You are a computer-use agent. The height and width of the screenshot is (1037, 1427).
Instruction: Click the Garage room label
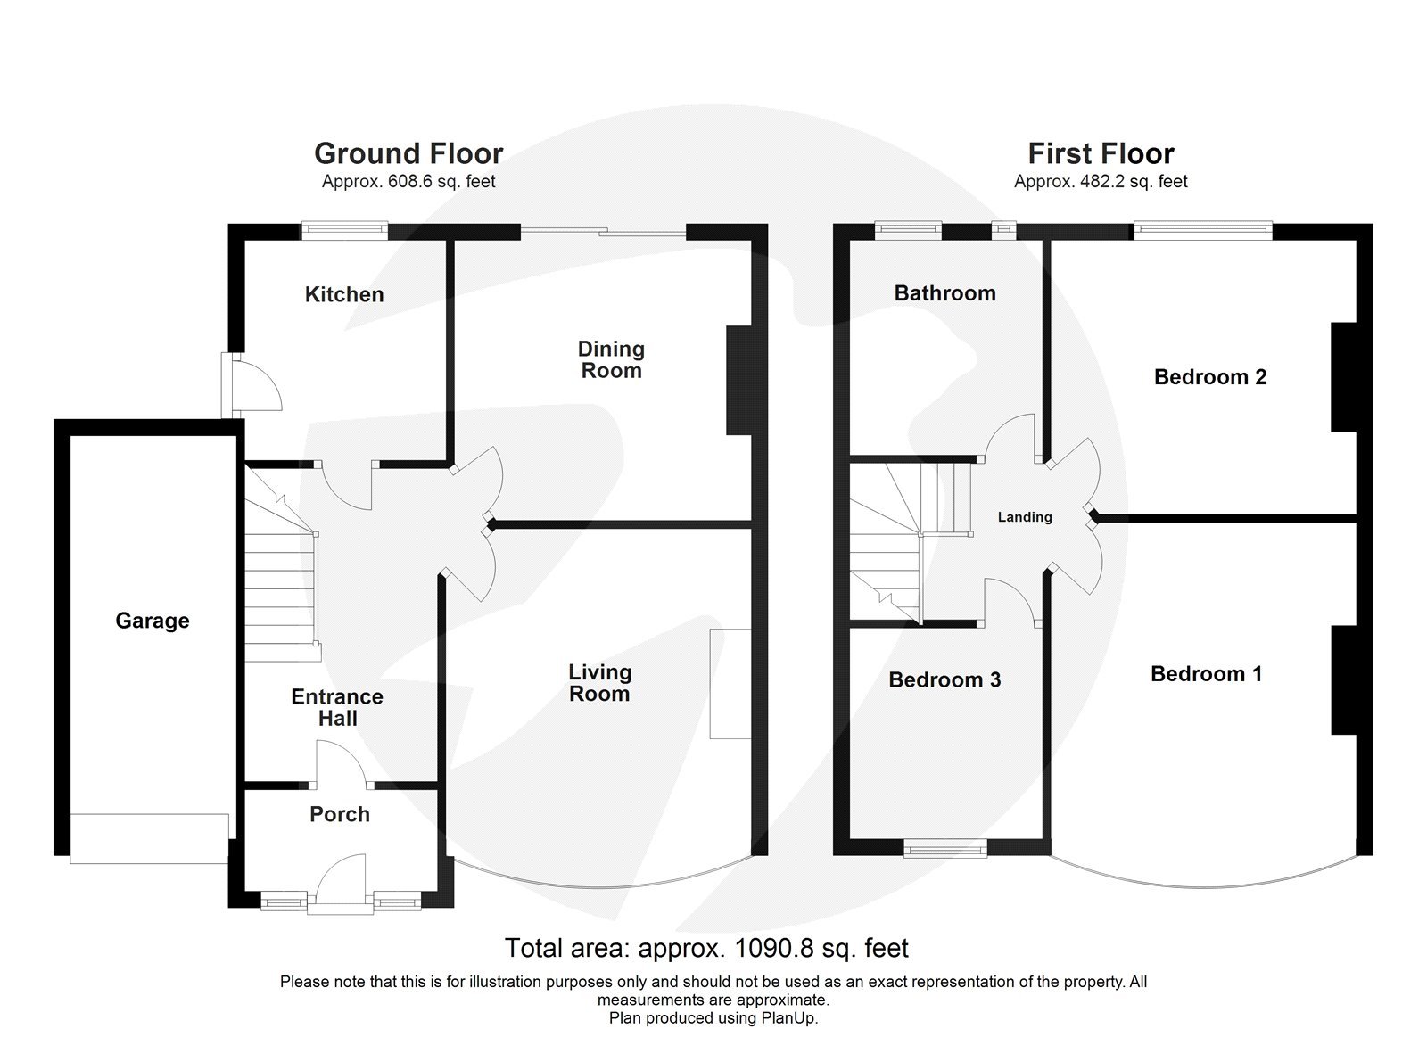tap(153, 621)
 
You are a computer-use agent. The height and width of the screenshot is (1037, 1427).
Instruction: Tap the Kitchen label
tap(344, 294)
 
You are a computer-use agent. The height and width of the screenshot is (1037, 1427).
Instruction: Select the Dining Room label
tap(611, 359)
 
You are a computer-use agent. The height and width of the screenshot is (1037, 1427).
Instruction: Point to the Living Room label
tap(599, 683)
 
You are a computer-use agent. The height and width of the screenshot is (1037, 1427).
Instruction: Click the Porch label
tap(340, 814)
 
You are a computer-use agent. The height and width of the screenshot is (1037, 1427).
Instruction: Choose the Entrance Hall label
tap(337, 707)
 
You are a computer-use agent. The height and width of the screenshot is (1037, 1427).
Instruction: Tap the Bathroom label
tap(944, 293)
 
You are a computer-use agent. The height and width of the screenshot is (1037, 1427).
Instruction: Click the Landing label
tap(1025, 517)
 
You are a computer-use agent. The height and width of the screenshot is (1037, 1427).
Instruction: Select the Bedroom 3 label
tap(944, 680)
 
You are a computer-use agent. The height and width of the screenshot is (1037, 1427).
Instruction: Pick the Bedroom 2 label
tap(1210, 377)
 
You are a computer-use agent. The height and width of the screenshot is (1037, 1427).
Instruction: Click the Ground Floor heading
tap(408, 153)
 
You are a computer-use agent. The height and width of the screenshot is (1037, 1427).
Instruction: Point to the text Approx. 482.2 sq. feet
tap(1101, 182)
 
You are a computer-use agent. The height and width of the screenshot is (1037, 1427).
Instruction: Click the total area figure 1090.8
tap(772, 948)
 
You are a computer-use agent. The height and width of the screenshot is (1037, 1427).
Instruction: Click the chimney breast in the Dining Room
tap(739, 381)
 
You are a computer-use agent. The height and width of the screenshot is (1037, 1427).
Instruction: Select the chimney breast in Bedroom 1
tap(1343, 680)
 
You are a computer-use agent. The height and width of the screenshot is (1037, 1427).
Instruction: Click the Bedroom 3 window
tap(945, 849)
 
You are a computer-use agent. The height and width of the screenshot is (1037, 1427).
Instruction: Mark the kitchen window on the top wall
tap(344, 231)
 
